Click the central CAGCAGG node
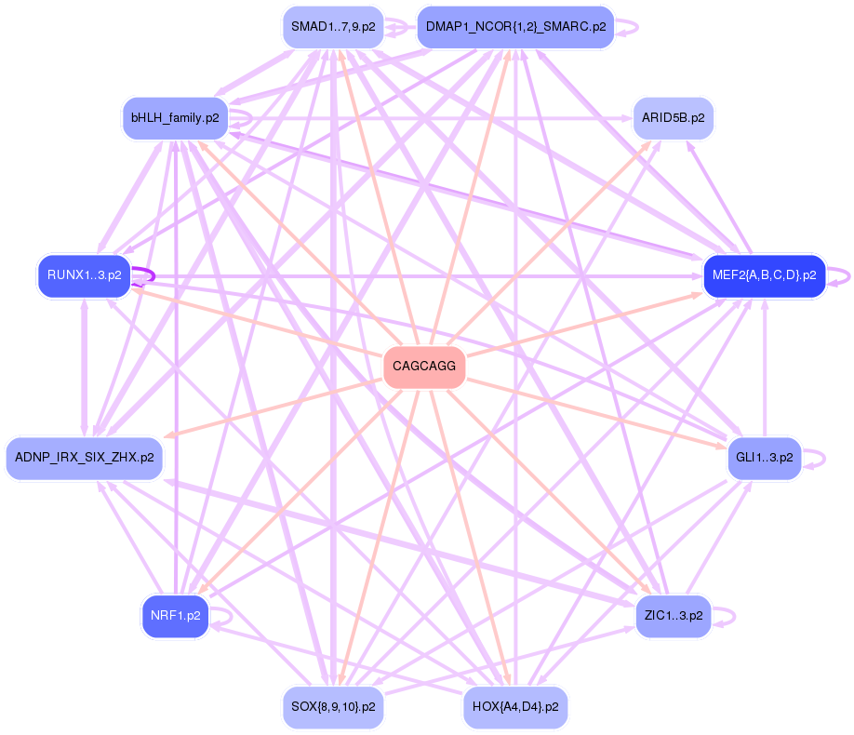tap(424, 366)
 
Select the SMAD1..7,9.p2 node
tap(333, 27)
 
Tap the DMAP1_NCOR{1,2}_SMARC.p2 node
tap(515, 27)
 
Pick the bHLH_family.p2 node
tap(175, 118)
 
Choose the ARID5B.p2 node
tap(673, 118)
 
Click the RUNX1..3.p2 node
tap(84, 275)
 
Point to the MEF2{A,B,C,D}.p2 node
tap(764, 275)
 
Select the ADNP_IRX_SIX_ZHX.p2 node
tap(85, 458)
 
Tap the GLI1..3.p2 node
tap(764, 458)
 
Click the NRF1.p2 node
tap(175, 616)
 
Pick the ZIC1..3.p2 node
tap(673, 616)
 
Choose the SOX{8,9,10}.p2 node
tap(333, 707)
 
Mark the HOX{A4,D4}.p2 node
tap(515, 707)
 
